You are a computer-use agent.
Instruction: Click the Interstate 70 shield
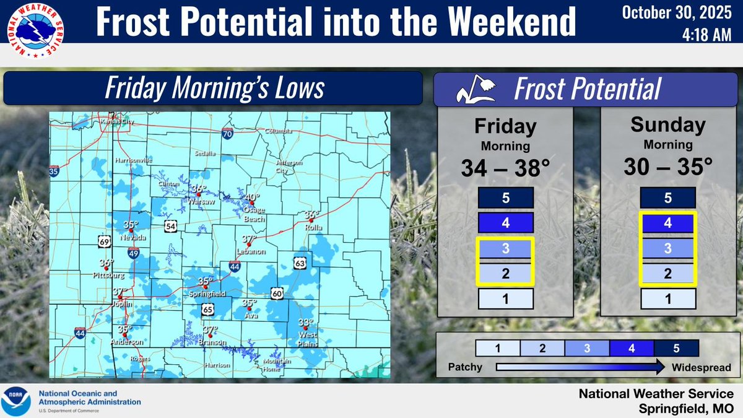228,133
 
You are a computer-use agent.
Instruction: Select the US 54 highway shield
170,227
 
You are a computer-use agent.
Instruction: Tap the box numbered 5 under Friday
505,199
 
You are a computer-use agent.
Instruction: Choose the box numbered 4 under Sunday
667,222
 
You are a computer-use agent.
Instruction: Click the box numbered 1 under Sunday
667,299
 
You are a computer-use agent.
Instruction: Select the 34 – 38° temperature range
505,167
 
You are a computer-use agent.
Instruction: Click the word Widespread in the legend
701,367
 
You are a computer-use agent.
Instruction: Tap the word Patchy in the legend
465,367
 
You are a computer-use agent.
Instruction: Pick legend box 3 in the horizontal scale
587,348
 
